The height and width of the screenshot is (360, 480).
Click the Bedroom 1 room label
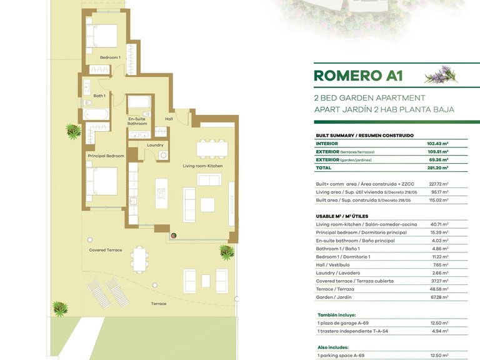coord(110,57)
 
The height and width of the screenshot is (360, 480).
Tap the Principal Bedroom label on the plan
coord(106,156)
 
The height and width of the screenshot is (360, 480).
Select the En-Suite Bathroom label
coord(137,121)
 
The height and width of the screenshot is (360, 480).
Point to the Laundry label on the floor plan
coord(155,145)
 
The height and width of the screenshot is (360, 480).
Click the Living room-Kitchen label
coord(202,166)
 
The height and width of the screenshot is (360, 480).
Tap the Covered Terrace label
coord(106,250)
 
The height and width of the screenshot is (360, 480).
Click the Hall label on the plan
coord(169,119)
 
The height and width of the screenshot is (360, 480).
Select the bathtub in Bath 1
coord(96,114)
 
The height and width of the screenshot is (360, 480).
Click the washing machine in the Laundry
coord(163,155)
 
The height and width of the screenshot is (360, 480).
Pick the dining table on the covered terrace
coord(139,259)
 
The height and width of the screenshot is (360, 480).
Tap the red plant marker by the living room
coord(174,236)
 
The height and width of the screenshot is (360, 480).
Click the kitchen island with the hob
coord(161,194)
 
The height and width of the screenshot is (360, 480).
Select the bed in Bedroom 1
coord(102,36)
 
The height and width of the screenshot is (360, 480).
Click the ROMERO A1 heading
coord(358,76)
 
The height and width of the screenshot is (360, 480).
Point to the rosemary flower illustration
coord(441,74)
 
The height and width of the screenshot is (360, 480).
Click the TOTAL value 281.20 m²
coord(437,167)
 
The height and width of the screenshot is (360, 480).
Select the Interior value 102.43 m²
coord(437,144)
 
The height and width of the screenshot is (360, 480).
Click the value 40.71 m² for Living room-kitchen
coord(439,224)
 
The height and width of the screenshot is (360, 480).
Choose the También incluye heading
coord(337,315)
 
